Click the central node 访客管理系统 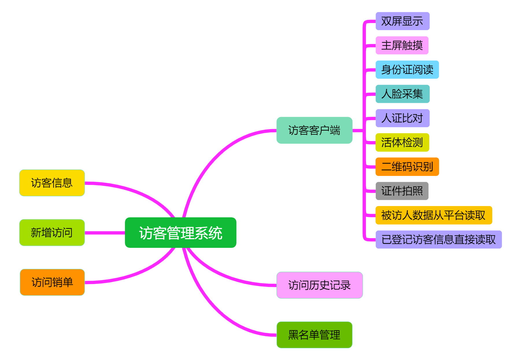pyautogui.click(x=180, y=233)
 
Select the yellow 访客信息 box pyautogui.click(x=52, y=183)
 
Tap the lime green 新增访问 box pyautogui.click(x=52, y=233)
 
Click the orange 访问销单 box pyautogui.click(x=52, y=282)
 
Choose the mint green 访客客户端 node pyautogui.click(x=314, y=130)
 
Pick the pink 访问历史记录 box pyautogui.click(x=319, y=285)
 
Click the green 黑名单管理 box pyautogui.click(x=314, y=335)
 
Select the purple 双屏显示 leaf pyautogui.click(x=402, y=21)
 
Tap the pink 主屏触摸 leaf pyautogui.click(x=402, y=45)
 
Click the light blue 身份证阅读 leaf pyautogui.click(x=407, y=70)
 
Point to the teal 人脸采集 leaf pyautogui.click(x=402, y=94)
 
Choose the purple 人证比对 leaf pyautogui.click(x=402, y=118)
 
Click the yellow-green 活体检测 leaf pyautogui.click(x=402, y=142)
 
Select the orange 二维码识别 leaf pyautogui.click(x=407, y=167)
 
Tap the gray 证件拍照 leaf pyautogui.click(x=402, y=191)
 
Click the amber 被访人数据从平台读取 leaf pyautogui.click(x=433, y=215)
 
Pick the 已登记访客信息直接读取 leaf pyautogui.click(x=439, y=240)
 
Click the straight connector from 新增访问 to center pyautogui.click(x=105, y=233)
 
